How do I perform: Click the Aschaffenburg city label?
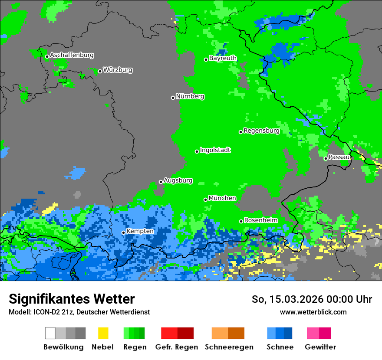coord(72,55)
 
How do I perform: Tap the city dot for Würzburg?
coord(100,71)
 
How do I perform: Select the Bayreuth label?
coord(223,58)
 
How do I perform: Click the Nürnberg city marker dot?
coord(173,98)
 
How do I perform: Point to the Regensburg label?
coord(261,131)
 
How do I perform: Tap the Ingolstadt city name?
coord(215,150)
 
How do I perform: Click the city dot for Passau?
coord(326,158)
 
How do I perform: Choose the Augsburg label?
coord(178,180)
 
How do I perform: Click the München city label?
coord(222,198)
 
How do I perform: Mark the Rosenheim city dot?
coord(241,221)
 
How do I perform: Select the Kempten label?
coord(140,231)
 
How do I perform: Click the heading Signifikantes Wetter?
coord(72,299)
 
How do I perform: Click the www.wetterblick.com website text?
coord(313,312)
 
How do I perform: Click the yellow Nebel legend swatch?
coord(103,333)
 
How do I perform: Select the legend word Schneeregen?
coord(228,347)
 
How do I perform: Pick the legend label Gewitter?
coord(320,347)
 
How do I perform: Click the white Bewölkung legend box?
coord(50,333)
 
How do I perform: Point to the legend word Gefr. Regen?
coord(177,347)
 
